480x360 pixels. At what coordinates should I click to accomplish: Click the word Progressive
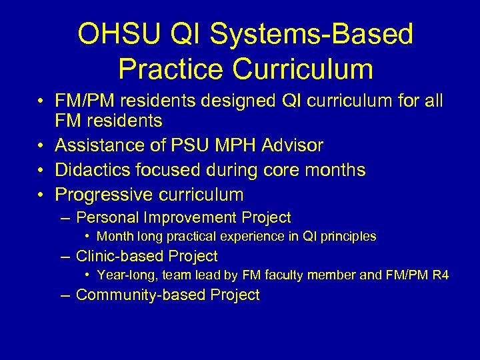coord(103,195)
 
